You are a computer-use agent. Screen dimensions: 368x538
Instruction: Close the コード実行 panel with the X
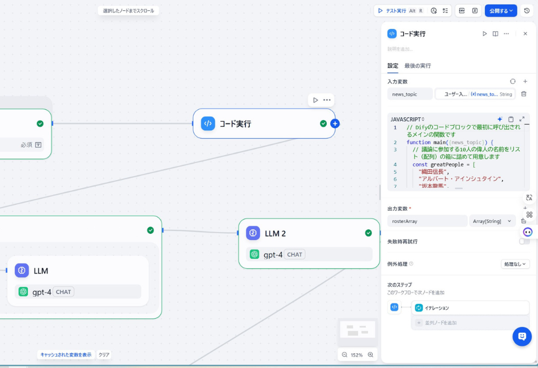pyautogui.click(x=525, y=34)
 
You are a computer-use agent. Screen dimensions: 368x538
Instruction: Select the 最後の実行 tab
pyautogui.click(x=417, y=66)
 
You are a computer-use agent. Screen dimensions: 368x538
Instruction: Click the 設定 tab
pyautogui.click(x=392, y=66)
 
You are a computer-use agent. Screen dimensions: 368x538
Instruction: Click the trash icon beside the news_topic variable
pyautogui.click(x=524, y=94)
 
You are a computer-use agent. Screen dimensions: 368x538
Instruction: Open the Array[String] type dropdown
pyautogui.click(x=492, y=221)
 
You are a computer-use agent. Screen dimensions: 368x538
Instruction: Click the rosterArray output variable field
pyautogui.click(x=427, y=221)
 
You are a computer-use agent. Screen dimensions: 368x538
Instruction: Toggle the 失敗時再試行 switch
pyautogui.click(x=524, y=241)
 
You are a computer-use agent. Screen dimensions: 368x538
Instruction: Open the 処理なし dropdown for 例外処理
pyautogui.click(x=515, y=264)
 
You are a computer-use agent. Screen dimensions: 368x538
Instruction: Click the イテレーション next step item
pyautogui.click(x=470, y=308)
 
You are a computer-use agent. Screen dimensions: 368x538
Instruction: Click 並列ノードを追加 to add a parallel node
pyautogui.click(x=441, y=323)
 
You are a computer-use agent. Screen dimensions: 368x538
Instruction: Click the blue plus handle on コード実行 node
pyautogui.click(x=335, y=123)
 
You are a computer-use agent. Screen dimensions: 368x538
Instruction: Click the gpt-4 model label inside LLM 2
pyautogui.click(x=272, y=255)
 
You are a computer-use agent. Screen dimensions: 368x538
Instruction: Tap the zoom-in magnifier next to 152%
pyautogui.click(x=370, y=355)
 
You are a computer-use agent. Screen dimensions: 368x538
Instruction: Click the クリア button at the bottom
pyautogui.click(x=104, y=355)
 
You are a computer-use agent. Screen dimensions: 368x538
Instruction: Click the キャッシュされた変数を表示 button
pyautogui.click(x=66, y=355)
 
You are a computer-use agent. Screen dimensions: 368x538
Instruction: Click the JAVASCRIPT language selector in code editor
pyautogui.click(x=407, y=119)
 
